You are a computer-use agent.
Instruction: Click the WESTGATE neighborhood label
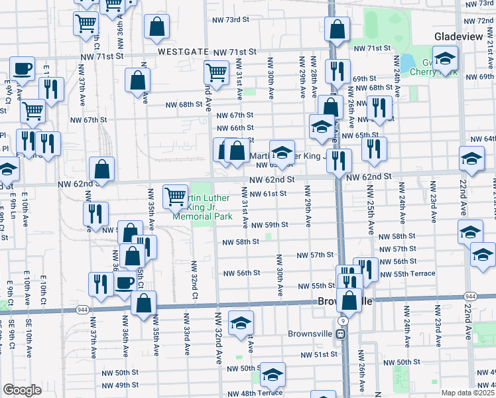(180, 51)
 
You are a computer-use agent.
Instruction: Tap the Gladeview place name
(464, 36)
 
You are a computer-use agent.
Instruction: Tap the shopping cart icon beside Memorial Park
(175, 196)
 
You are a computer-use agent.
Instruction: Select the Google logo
(22, 389)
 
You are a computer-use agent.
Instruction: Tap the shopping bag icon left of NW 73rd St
(157, 28)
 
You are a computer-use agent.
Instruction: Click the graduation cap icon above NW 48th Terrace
(273, 375)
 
